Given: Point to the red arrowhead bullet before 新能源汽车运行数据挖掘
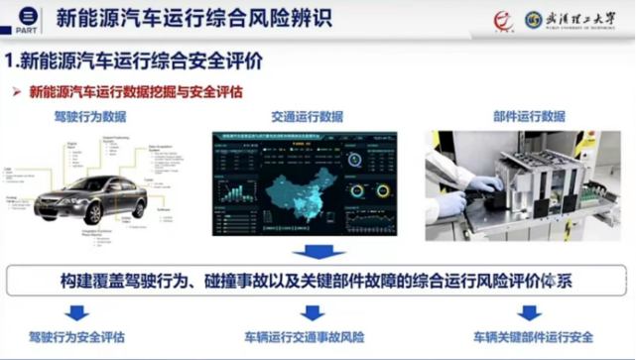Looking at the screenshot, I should coord(17,92).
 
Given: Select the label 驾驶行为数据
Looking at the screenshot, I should coord(90,116).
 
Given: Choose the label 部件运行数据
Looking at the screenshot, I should coord(529,116).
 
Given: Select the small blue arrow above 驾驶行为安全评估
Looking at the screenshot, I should coord(76,312).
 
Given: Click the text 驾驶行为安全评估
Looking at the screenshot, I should coord(76,337).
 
